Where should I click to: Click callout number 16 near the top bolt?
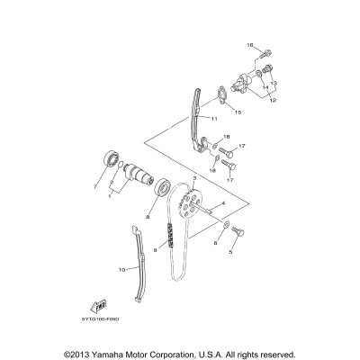click(x=252, y=45)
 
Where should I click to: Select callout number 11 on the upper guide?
click(x=214, y=118)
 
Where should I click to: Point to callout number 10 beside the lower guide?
click(x=122, y=269)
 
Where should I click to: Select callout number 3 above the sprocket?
click(x=194, y=181)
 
